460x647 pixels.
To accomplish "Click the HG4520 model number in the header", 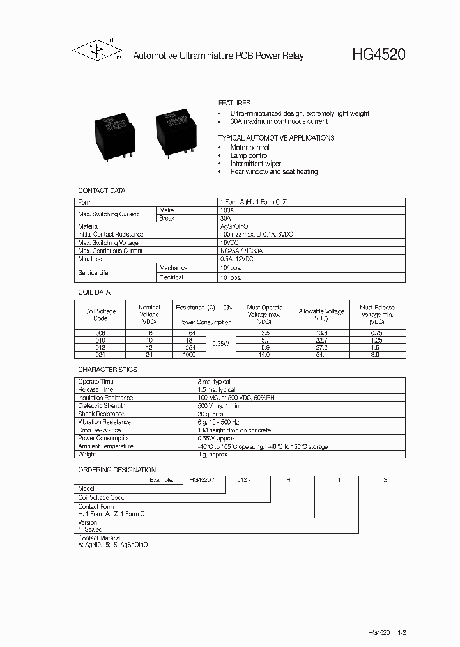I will click(378, 55).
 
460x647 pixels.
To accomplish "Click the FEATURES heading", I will click(234, 103).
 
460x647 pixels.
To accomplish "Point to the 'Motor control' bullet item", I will click(250, 148).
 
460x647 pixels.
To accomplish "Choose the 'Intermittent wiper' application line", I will click(256, 164).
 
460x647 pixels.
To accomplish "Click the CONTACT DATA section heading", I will click(102, 191).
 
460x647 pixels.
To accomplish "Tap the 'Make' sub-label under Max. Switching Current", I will click(166, 210).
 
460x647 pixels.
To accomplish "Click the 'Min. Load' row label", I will click(91, 260).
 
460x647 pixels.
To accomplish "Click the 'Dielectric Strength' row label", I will click(102, 406).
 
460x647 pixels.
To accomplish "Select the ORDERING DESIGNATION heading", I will click(117, 470).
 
